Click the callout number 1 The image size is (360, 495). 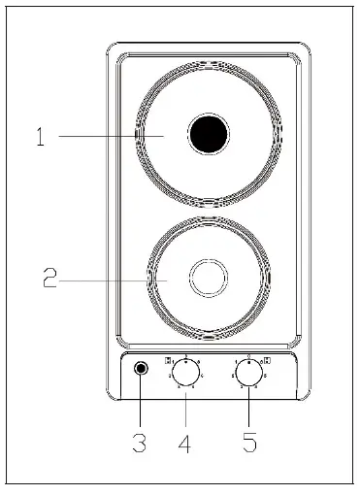(x=40, y=137)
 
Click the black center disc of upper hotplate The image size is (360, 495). (x=207, y=134)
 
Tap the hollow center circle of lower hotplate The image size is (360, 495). (x=207, y=279)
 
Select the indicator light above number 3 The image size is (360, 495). (x=142, y=369)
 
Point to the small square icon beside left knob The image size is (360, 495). (x=169, y=361)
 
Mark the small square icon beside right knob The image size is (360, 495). (x=266, y=361)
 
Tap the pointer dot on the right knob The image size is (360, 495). (x=249, y=364)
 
